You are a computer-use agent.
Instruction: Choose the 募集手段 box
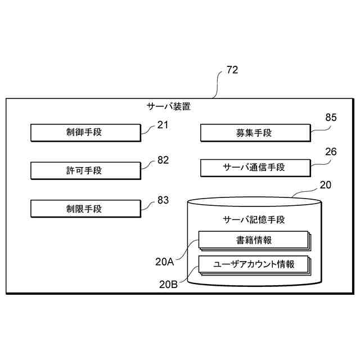254,133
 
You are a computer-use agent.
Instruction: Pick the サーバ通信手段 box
254,167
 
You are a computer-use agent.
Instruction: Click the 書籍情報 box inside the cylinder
253,240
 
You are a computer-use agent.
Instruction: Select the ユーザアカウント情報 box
253,264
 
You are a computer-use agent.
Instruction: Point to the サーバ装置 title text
169,106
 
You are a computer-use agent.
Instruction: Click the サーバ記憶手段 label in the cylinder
254,219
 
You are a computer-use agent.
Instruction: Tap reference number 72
232,70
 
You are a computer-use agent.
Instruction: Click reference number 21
163,125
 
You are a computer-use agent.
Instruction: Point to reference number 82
163,160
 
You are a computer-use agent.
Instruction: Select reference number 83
163,199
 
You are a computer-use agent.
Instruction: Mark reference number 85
331,118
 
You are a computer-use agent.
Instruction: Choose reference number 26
331,152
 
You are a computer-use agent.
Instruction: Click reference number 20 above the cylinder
325,184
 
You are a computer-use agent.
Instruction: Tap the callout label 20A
164,261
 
